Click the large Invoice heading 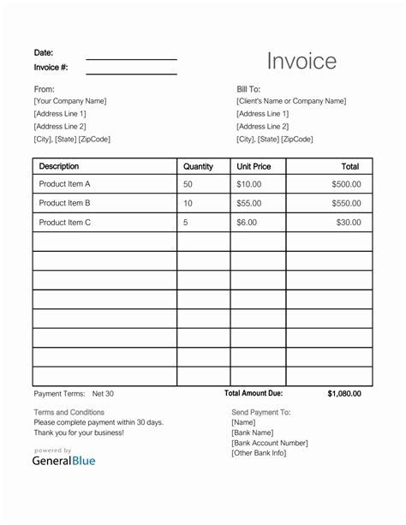[x=302, y=61]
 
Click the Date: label [x=44, y=52]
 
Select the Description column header [x=59, y=166]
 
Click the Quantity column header [x=198, y=167]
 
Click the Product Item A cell [x=64, y=184]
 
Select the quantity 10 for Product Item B [x=188, y=203]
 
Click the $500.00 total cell [x=347, y=184]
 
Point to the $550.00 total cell [x=347, y=203]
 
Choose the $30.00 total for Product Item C [x=349, y=223]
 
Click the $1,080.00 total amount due [x=344, y=394]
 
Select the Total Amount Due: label [x=254, y=393]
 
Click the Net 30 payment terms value [x=103, y=394]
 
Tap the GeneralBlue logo [x=64, y=460]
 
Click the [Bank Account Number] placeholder [x=270, y=443]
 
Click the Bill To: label [x=248, y=89]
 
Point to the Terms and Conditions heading [x=69, y=412]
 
